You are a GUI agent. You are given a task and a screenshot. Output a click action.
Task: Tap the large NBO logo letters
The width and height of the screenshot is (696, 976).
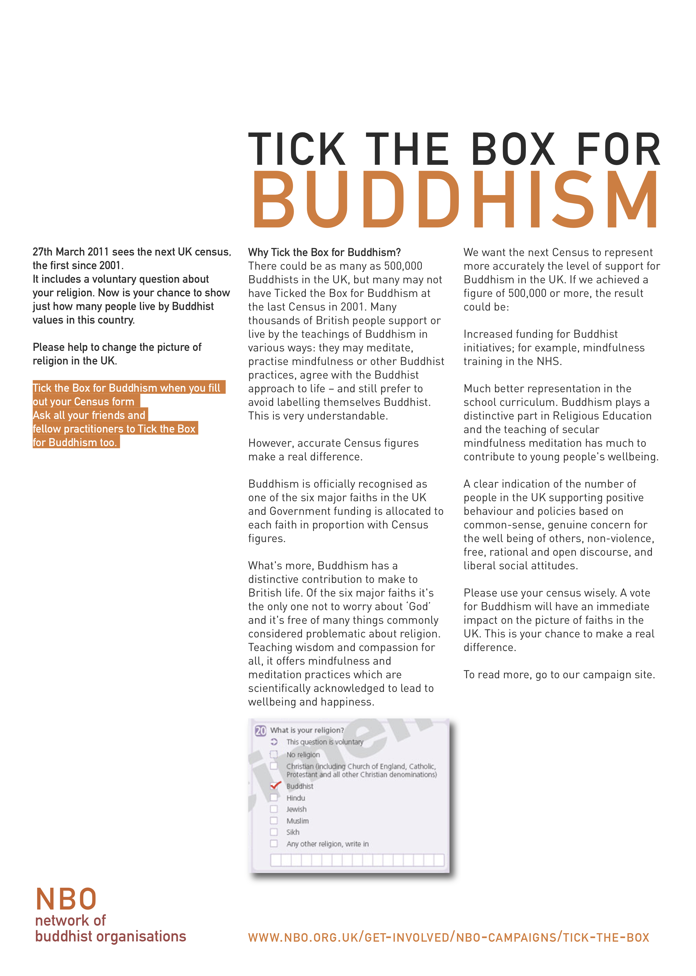(x=66, y=899)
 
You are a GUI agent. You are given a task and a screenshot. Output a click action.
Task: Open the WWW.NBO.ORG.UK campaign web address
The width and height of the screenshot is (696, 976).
(x=448, y=937)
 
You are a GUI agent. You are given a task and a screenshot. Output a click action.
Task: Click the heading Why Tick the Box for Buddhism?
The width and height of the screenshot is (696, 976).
(x=324, y=252)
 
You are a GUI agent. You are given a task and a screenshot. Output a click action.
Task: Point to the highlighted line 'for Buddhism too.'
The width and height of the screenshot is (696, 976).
(x=75, y=442)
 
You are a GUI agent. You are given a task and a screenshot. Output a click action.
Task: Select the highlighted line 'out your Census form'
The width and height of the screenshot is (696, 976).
(x=84, y=402)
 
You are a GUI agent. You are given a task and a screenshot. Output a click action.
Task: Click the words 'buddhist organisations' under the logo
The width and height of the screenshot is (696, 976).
(x=111, y=936)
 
